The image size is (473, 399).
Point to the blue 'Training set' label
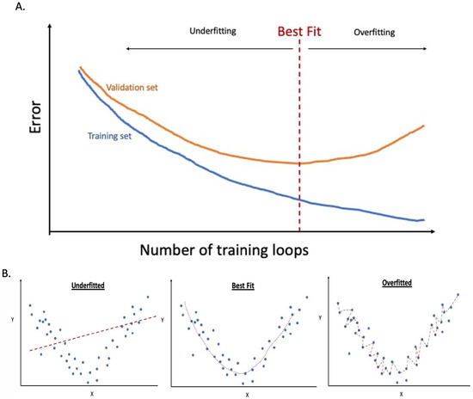click(114, 135)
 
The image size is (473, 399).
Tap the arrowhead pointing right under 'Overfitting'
click(425, 50)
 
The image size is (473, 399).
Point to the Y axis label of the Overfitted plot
click(322, 317)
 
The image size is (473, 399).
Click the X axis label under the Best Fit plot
click(247, 395)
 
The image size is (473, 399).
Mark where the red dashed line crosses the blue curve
click(299, 199)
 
